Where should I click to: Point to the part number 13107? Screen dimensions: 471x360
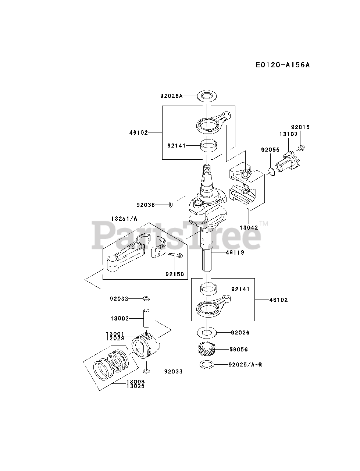click(x=288, y=134)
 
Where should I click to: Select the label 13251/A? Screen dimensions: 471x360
click(x=124, y=219)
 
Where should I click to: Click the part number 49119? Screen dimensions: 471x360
click(x=235, y=253)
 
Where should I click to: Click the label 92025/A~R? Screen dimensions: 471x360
click(x=245, y=365)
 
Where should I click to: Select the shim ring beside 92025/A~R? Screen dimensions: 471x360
click(x=207, y=365)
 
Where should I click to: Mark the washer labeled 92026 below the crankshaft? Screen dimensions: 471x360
click(x=207, y=333)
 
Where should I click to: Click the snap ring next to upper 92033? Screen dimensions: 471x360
click(x=146, y=298)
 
